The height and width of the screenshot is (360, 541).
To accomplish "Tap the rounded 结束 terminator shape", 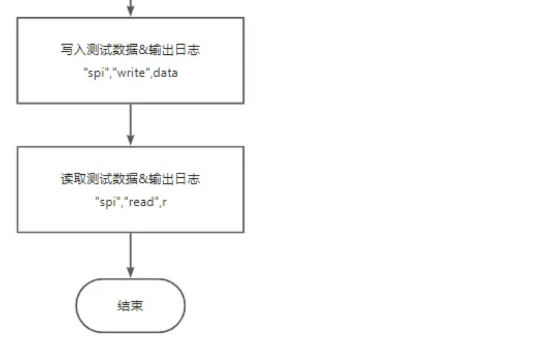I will coord(130,305).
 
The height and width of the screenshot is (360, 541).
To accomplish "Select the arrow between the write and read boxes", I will coord(130,124).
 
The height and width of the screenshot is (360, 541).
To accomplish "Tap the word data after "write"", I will coord(165,73).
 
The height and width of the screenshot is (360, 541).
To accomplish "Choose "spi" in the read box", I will coord(108,202).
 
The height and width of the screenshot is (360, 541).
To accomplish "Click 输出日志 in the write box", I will coord(174,49).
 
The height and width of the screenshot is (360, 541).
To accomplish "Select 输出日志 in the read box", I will coord(174,179).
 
